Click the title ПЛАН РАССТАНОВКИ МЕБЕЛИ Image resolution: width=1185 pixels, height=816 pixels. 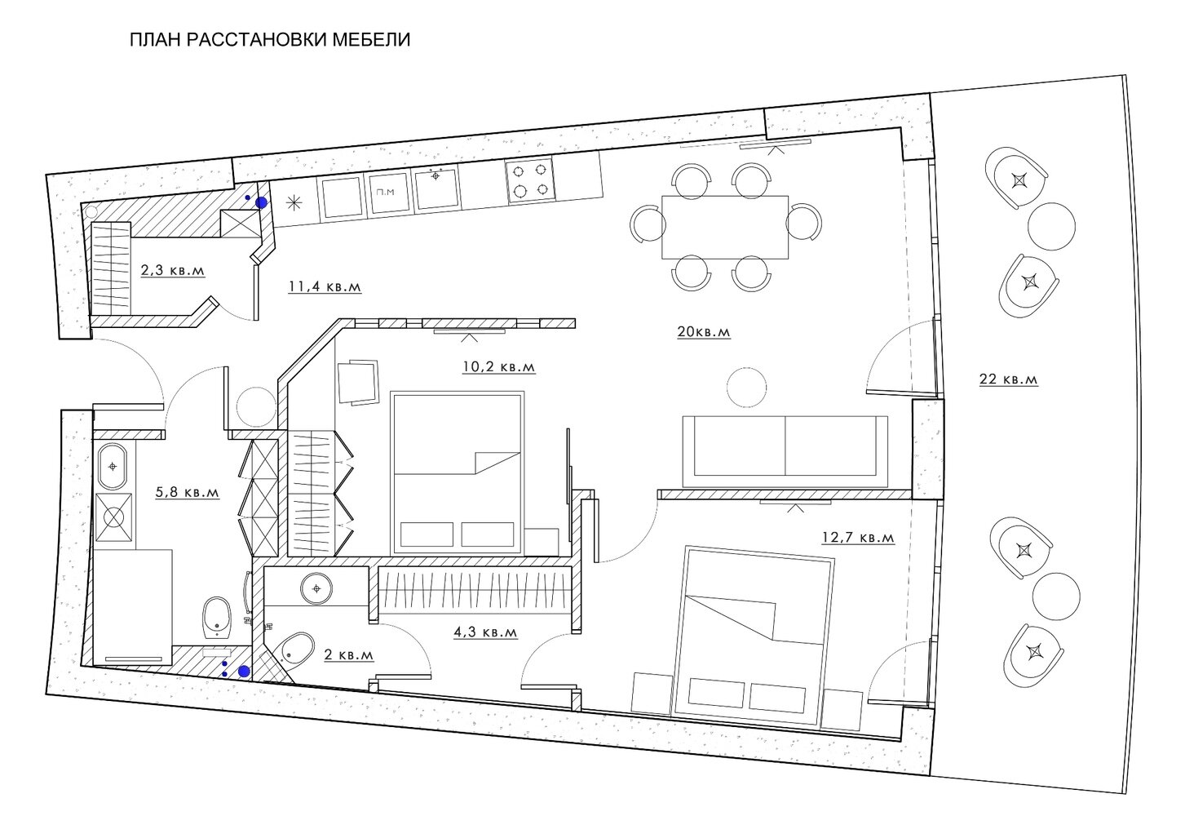[270, 40]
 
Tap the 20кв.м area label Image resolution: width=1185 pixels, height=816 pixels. [704, 332]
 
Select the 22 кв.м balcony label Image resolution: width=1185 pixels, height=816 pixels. [1008, 379]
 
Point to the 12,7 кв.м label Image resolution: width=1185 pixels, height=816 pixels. [858, 538]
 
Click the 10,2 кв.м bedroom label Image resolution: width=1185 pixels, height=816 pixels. [499, 366]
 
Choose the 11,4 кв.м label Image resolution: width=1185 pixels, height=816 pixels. [325, 286]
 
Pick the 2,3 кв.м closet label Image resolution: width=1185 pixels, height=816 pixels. [172, 270]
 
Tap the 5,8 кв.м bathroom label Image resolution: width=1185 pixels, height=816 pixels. [188, 492]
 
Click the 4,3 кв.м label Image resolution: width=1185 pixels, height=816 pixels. [485, 632]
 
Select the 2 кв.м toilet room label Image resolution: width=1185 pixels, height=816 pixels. [348, 654]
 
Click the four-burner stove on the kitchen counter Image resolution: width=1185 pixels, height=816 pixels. [531, 180]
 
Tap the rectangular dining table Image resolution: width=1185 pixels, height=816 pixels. [725, 227]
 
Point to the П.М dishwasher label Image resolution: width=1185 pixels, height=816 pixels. [385, 192]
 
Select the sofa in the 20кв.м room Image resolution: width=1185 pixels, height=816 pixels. [785, 451]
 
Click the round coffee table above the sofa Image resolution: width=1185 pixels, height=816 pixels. [746, 387]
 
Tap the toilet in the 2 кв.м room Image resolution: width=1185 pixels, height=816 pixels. [295, 650]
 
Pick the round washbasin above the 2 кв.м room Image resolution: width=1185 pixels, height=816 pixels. [317, 588]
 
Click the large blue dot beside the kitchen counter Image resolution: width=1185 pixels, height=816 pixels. [261, 202]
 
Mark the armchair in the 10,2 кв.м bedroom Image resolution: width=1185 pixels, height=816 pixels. [358, 382]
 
